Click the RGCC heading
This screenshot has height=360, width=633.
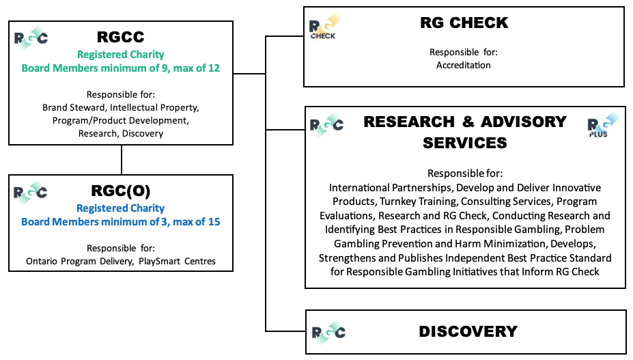(x=121, y=38)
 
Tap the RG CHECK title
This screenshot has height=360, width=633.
(x=464, y=23)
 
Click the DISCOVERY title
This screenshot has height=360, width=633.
(x=468, y=331)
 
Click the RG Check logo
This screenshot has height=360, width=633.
(x=323, y=28)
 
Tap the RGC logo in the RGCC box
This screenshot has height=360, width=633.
(x=31, y=37)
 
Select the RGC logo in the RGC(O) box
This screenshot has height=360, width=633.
(x=31, y=191)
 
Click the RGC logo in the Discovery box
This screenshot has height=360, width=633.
(x=328, y=333)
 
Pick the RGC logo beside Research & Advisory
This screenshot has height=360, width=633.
(x=327, y=125)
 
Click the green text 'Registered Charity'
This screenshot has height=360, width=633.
(x=121, y=55)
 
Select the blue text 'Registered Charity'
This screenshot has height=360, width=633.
(x=121, y=208)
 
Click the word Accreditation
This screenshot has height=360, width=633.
(x=464, y=66)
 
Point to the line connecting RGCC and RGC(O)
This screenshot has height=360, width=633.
(x=122, y=160)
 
